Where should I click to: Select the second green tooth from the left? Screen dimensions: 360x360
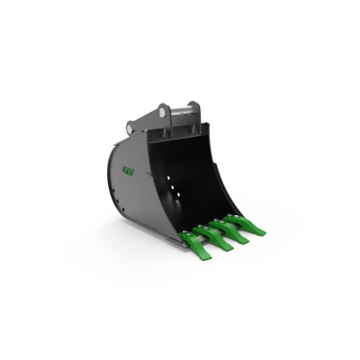click(216, 238)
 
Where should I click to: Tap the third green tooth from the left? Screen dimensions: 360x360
click(233, 230)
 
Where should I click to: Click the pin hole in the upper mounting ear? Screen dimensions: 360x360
click(165, 111)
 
